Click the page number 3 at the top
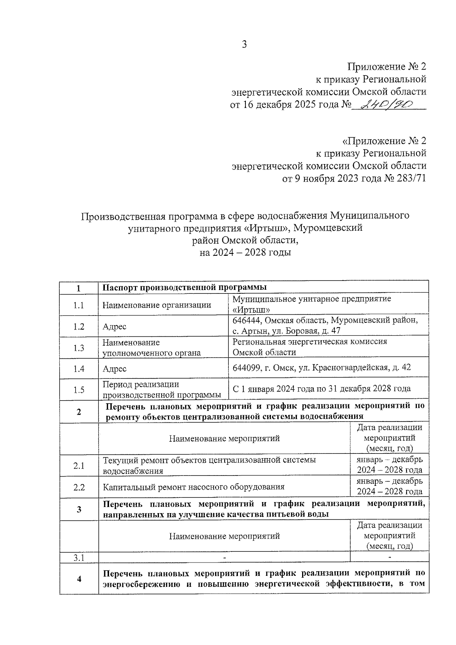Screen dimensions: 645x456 coord(244,45)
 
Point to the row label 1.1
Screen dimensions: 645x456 coord(79,305)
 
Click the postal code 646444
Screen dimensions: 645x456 coord(247,320)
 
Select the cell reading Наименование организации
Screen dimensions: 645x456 coord(157,305)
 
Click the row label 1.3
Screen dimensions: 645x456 coord(79,348)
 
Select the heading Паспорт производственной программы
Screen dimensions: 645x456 coord(185,287)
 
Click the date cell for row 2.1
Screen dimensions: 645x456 coord(389,465)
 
